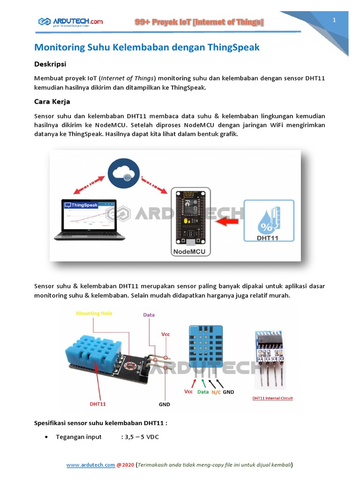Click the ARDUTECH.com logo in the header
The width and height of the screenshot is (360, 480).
pyautogui.click(x=70, y=22)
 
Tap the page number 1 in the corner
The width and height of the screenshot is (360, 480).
pyautogui.click(x=334, y=20)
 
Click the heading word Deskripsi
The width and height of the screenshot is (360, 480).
pyautogui.click(x=50, y=64)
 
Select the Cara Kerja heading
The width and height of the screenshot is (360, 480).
pyautogui.click(x=52, y=101)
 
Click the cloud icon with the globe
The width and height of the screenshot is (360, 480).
pyautogui.click(x=123, y=173)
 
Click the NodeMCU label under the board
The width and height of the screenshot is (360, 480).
pyautogui.click(x=191, y=252)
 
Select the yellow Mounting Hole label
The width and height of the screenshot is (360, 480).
pyautogui.click(x=94, y=313)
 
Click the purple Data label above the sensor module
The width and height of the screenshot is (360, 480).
pyautogui.click(x=149, y=315)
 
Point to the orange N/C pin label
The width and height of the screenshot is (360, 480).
pyautogui.click(x=216, y=391)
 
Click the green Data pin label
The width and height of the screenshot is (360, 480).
pyautogui.click(x=203, y=391)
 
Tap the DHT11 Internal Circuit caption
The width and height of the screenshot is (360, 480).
pyautogui.click(x=272, y=398)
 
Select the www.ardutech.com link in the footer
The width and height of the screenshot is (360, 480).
pyautogui.click(x=90, y=465)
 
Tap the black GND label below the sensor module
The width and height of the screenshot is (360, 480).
pyautogui.click(x=165, y=404)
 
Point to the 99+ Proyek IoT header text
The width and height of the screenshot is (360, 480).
pyautogui.click(x=199, y=22)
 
